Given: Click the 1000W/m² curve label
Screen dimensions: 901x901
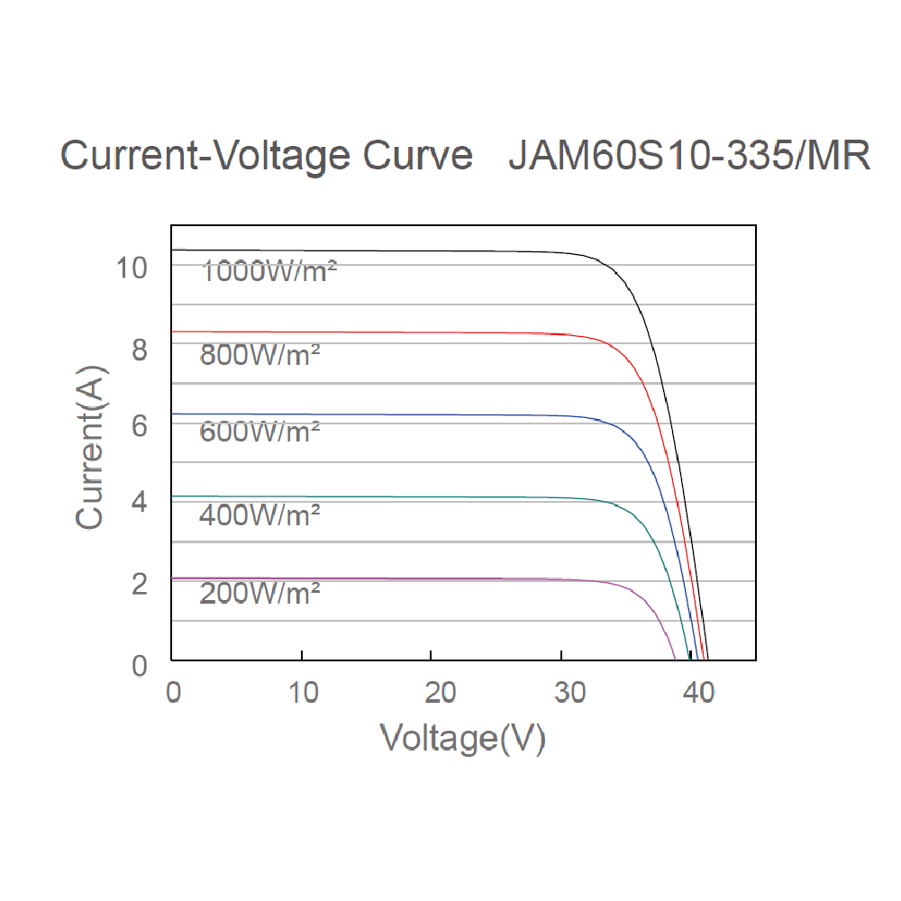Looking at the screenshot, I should tap(269, 270).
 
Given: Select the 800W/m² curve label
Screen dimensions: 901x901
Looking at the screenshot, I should tap(259, 354).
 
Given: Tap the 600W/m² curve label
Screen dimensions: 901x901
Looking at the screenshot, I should tap(259, 432).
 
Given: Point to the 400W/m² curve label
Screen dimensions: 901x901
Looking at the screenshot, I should tap(259, 515).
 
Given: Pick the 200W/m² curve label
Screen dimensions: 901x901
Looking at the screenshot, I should tap(259, 594).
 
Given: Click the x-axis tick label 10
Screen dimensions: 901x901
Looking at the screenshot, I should tap(303, 692).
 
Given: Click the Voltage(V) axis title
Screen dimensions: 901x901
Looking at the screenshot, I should tap(463, 738).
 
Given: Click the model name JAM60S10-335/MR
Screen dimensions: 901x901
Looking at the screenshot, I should tap(689, 156).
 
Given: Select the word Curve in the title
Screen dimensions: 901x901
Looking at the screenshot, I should tap(417, 156).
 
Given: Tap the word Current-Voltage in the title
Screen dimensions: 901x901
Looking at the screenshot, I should tap(206, 156).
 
